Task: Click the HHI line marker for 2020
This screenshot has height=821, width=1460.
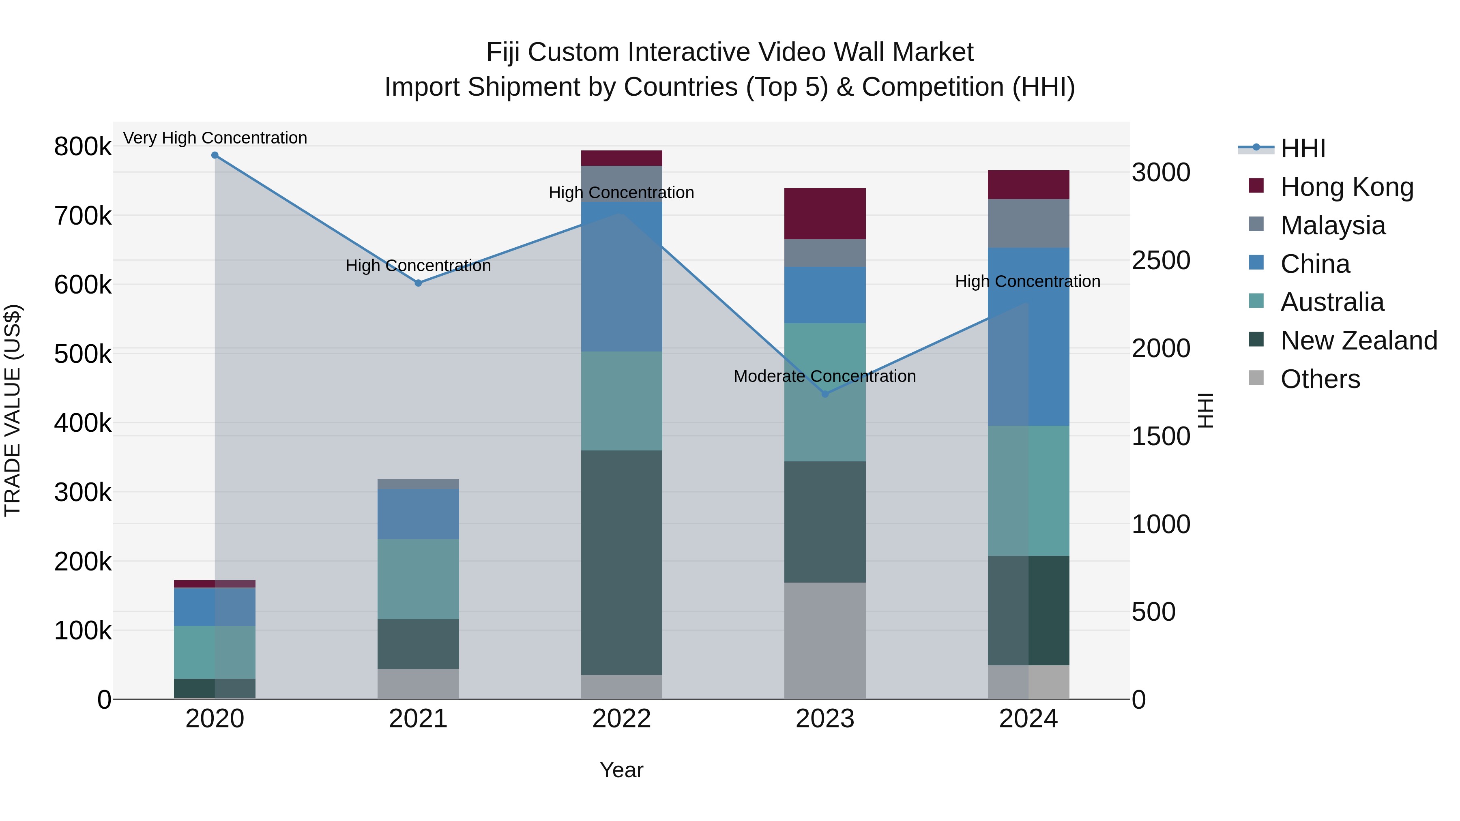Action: (215, 155)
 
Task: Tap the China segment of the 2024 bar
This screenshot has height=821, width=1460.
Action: (1028, 337)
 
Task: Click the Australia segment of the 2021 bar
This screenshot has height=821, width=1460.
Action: (418, 579)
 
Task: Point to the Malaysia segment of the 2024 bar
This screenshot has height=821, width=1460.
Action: (1028, 223)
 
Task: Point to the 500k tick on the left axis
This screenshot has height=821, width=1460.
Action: (83, 355)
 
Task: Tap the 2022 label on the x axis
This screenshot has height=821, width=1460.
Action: (622, 719)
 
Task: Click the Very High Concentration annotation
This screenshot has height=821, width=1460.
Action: (215, 138)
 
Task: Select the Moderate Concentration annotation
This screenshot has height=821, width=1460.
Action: (824, 376)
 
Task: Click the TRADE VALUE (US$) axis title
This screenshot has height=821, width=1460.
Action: (13, 411)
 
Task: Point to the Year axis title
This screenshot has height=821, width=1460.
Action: (622, 770)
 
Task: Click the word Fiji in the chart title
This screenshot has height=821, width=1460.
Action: (503, 52)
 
